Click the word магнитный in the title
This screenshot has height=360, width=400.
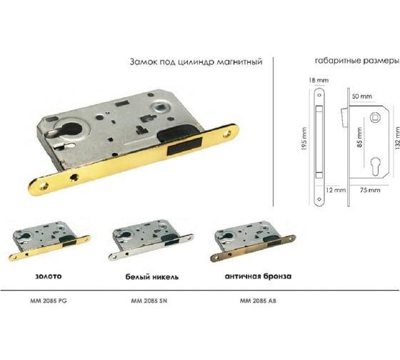[x=239, y=62]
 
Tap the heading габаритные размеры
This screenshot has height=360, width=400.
[x=357, y=61]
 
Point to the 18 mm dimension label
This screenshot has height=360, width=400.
[x=319, y=81]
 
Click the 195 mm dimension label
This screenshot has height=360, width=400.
[x=304, y=139]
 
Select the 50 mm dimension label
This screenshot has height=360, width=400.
[x=361, y=96]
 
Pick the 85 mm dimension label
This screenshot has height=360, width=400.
[x=360, y=137]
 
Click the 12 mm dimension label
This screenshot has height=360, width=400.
[x=336, y=190]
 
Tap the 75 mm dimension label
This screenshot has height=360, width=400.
[x=370, y=190]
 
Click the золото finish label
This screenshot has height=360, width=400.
[x=49, y=276]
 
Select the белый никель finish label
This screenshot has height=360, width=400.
[x=151, y=277]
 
